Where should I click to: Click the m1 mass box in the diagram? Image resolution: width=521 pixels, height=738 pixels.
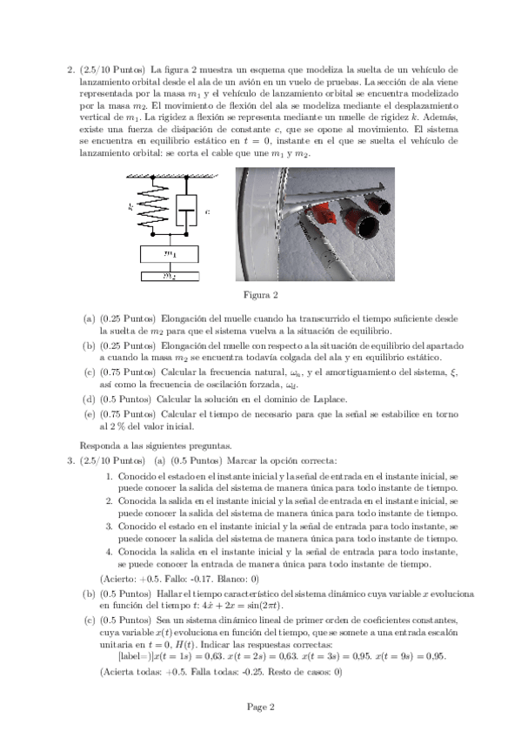click(170, 254)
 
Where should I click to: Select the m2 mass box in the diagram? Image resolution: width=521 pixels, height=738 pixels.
click(170, 276)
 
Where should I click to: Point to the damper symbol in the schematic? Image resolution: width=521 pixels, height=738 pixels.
click(186, 210)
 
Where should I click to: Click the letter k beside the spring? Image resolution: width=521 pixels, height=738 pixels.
click(130, 206)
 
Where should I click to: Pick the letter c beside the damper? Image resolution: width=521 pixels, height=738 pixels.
click(207, 211)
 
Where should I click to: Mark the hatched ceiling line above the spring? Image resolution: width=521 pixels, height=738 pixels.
click(171, 176)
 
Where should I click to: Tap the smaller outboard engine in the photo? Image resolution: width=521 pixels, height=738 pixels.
click(379, 203)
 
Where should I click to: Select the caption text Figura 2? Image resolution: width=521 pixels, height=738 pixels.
click(261, 295)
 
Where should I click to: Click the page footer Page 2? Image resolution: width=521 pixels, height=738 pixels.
click(261, 707)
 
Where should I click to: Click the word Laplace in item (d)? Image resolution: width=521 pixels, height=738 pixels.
click(331, 399)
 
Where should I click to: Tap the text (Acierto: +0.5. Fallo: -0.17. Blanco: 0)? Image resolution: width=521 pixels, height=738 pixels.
click(180, 579)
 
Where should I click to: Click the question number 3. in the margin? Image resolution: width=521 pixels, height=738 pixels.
click(71, 460)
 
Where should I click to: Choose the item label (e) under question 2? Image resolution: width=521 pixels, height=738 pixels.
click(90, 414)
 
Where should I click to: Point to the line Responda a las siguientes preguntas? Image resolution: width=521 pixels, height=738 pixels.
click(156, 446)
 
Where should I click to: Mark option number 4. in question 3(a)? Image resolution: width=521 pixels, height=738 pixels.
click(109, 552)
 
